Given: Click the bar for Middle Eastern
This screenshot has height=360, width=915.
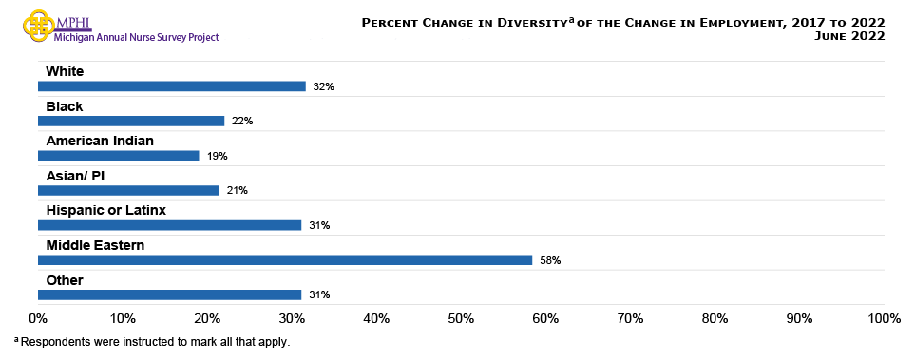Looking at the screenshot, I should click(285, 259).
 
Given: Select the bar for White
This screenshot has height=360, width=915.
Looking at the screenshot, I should click(172, 85).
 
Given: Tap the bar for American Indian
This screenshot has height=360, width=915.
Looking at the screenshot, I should click(119, 155).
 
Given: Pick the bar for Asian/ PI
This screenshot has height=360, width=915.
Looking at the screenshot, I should click(129, 190).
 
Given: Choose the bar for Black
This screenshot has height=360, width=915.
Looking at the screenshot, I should click(131, 121).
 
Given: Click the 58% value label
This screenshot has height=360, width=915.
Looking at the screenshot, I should click(550, 260).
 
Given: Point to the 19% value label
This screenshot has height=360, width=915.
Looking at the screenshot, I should click(218, 156).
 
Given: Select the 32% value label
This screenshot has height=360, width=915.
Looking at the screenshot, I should click(324, 86).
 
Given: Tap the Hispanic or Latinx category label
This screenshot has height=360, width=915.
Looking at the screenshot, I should click(105, 210).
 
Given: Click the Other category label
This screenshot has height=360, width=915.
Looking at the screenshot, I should click(65, 280).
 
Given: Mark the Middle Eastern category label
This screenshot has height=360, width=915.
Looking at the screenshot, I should click(95, 245).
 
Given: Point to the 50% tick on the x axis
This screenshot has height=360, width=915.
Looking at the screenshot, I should click(461, 318).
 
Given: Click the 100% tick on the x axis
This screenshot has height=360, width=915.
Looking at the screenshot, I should click(884, 318).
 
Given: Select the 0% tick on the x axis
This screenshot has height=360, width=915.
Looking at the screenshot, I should click(38, 318).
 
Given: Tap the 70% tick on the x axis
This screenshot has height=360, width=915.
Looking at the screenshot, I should click(630, 318).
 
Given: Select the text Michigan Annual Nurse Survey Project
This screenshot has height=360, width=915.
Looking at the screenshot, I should click(138, 38).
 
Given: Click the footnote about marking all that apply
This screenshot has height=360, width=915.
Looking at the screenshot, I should click(151, 341).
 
